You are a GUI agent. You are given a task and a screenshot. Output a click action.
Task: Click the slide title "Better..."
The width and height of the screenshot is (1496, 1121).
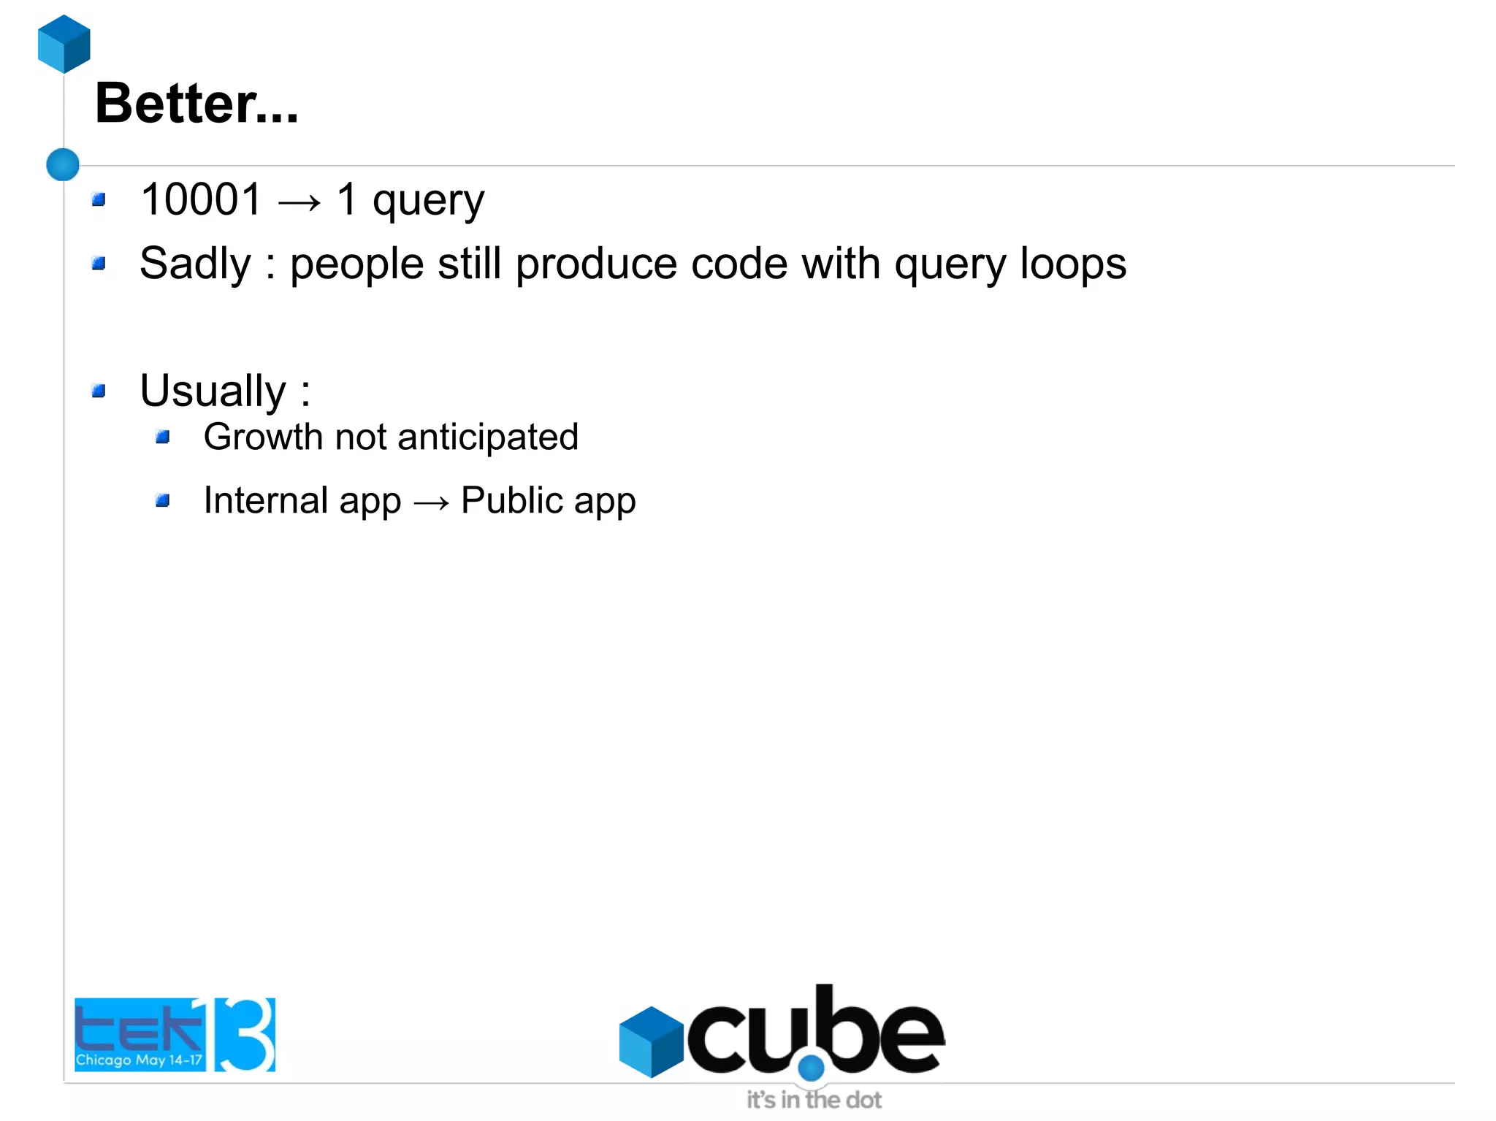(x=196, y=104)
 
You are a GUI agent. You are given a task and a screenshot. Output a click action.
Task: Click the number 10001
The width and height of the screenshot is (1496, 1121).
(x=201, y=199)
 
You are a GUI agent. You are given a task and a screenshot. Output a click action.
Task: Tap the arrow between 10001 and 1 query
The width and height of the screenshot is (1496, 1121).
(x=299, y=202)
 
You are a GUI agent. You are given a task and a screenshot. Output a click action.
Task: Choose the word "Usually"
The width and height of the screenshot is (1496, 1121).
(x=213, y=391)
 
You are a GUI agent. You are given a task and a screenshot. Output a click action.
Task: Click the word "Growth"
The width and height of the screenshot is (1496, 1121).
(x=263, y=437)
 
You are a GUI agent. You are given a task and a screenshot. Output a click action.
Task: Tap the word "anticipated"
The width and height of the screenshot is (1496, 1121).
(x=487, y=437)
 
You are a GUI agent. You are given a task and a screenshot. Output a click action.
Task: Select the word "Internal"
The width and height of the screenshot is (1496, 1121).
(x=265, y=501)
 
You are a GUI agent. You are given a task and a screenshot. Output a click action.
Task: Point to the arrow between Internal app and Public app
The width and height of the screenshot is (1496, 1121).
(x=431, y=503)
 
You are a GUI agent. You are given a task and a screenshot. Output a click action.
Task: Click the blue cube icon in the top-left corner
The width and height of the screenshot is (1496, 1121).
(x=64, y=44)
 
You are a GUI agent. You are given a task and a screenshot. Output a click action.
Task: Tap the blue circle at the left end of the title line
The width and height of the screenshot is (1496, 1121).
(x=63, y=164)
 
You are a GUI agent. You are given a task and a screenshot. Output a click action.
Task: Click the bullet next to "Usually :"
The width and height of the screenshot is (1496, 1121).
(x=99, y=391)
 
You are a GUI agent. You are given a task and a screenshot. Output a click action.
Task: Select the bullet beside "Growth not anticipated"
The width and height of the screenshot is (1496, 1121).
(x=162, y=437)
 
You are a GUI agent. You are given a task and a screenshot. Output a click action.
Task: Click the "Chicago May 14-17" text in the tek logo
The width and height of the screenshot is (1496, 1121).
(x=139, y=1060)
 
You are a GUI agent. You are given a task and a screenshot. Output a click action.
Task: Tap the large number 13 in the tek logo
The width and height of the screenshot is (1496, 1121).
(x=241, y=1034)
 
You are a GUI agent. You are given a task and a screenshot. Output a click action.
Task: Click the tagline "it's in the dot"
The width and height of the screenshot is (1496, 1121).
(x=814, y=1100)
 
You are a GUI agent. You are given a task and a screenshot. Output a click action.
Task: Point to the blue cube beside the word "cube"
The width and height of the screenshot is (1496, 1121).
(x=651, y=1041)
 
